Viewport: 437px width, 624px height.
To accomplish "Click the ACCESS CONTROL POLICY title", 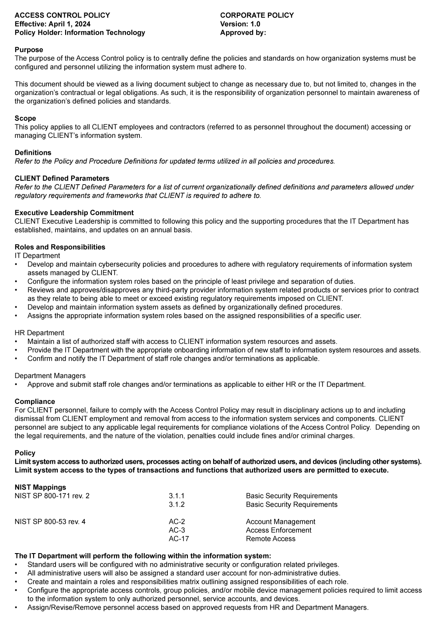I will click(x=62, y=15).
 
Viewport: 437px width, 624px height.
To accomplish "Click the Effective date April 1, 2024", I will click(x=52, y=24).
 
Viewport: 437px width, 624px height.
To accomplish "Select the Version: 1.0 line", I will click(x=240, y=24).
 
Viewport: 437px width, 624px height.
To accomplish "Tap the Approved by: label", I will click(x=243, y=32).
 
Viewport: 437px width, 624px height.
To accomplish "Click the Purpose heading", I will click(x=29, y=50).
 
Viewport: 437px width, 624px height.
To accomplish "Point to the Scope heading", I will click(x=25, y=118).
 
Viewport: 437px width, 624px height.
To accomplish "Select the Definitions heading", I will click(x=33, y=153).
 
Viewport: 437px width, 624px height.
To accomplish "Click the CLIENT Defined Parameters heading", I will click(x=62, y=179).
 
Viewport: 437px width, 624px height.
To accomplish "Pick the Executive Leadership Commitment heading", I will click(x=74, y=213).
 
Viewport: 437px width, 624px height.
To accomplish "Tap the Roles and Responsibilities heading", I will click(x=60, y=247).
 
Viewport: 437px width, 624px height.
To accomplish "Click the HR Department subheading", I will click(x=39, y=333).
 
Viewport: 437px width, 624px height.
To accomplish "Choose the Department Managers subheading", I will click(x=50, y=376).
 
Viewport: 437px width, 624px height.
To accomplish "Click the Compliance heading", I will click(x=35, y=402).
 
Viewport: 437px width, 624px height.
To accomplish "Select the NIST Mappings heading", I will click(x=40, y=487).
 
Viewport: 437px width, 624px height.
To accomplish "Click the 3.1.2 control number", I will click(x=177, y=505).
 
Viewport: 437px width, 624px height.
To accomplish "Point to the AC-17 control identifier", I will click(x=179, y=539).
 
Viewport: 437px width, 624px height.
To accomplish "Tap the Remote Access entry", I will click(x=271, y=539).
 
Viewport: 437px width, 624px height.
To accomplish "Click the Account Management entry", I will click(x=281, y=522).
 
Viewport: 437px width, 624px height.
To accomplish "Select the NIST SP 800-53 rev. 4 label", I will click(x=50, y=522).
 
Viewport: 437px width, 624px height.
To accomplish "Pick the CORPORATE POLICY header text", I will click(x=257, y=15).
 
